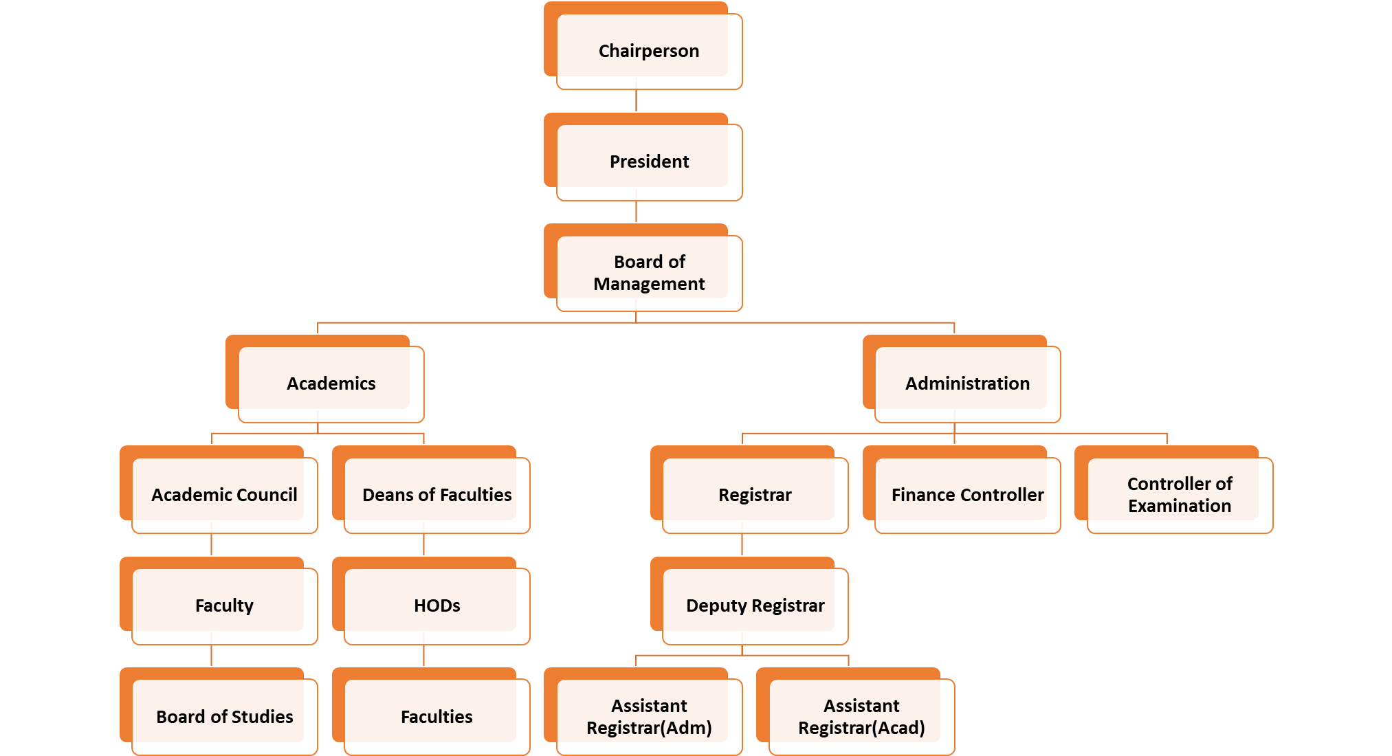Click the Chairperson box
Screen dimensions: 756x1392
pos(649,51)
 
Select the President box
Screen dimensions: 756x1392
pos(649,162)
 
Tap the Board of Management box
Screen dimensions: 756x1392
pos(649,273)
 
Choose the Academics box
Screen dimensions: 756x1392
pos(331,383)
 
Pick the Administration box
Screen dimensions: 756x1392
pos(967,383)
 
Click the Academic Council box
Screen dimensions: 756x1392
pos(224,495)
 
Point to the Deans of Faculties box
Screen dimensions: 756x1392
pos(437,495)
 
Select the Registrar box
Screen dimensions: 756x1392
pos(755,495)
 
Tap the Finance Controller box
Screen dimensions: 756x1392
pos(967,495)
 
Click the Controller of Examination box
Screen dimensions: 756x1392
pos(1180,495)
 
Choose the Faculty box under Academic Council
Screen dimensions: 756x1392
pos(224,605)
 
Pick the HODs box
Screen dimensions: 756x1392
pos(437,605)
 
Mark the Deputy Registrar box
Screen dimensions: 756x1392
pos(755,605)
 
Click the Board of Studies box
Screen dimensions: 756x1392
pos(224,717)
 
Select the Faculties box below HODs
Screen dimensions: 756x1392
pos(437,717)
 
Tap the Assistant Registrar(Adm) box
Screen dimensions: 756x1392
pos(649,717)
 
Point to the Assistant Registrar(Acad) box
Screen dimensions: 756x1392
pos(861,717)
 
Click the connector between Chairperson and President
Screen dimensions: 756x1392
pos(636,101)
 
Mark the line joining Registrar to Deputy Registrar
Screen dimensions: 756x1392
pos(742,545)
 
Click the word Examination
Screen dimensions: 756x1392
pos(1180,507)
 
